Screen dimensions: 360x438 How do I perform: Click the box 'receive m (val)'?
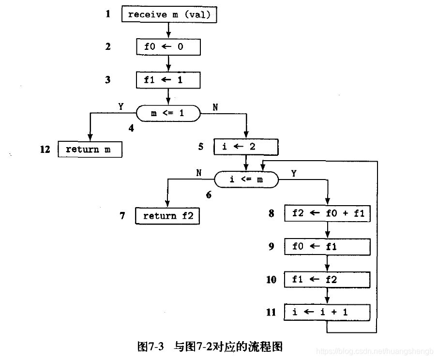(169, 15)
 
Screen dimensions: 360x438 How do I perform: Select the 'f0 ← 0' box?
(168, 47)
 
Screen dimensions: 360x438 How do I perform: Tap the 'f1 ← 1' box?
(168, 80)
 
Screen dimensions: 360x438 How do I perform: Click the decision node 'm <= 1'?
(167, 113)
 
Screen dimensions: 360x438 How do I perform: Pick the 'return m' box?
(90, 150)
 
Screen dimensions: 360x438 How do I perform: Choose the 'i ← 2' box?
(246, 147)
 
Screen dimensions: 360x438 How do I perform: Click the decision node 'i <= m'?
(246, 180)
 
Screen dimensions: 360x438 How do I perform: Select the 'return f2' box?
(168, 216)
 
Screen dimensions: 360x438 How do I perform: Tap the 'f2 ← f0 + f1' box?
(328, 213)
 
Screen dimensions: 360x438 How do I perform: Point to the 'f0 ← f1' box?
(328, 246)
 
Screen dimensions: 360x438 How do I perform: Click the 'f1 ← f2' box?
(328, 279)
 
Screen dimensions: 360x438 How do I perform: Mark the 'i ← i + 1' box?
(328, 312)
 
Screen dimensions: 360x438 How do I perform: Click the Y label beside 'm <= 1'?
(121, 105)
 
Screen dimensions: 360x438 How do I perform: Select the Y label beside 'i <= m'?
(294, 172)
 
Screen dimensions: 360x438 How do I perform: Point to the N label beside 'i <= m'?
(198, 172)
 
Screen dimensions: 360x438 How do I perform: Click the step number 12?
(45, 150)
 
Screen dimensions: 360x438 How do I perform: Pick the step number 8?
(272, 213)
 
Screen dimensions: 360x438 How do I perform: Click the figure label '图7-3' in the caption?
(151, 347)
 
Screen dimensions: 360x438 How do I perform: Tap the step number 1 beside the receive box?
(108, 14)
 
